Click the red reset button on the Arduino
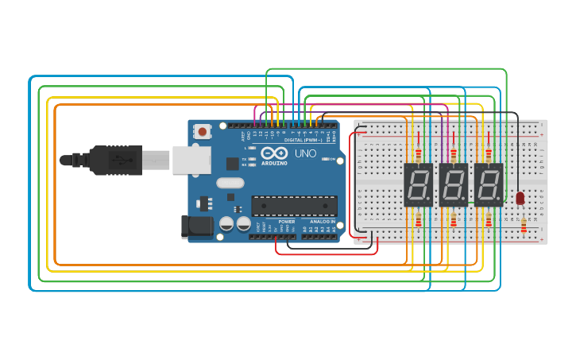pyautogui.click(x=203, y=131)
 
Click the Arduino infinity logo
pyautogui.click(x=273, y=153)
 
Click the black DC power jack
pyautogui.click(x=196, y=226)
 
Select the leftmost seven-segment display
pyautogui.click(x=418, y=184)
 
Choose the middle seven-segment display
pyautogui.click(x=453, y=184)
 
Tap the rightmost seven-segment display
pyautogui.click(x=489, y=184)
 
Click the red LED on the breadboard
pyautogui.click(x=520, y=198)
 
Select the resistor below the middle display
pyautogui.click(x=454, y=220)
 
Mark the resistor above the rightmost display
pyautogui.click(x=489, y=154)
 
